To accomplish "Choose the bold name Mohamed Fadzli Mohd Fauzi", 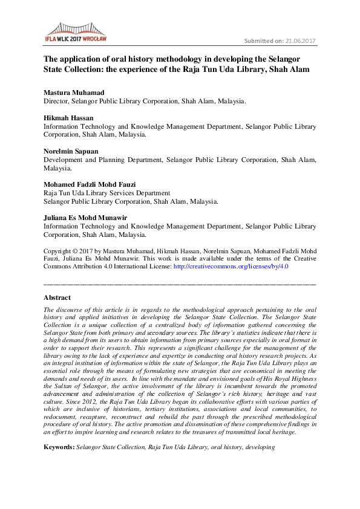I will (90, 184).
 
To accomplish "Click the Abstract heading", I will (57, 297).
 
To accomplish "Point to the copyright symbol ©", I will (77, 250).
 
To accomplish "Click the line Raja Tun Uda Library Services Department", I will (106, 193).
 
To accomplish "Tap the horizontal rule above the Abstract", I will (180, 284).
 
